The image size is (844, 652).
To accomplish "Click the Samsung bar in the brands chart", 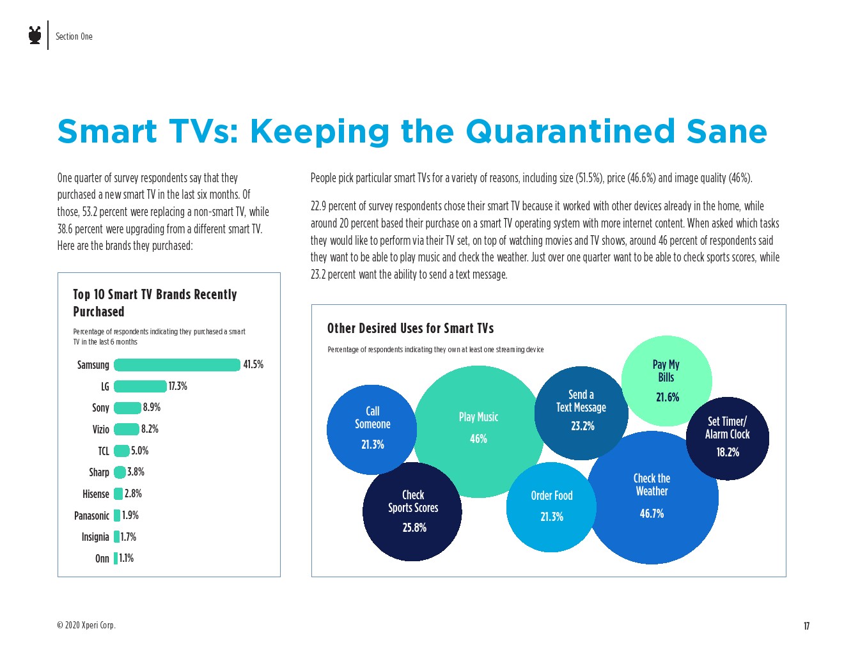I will point(177,365).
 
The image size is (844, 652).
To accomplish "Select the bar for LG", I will point(140,386).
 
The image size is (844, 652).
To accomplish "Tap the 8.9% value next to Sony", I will point(152,407).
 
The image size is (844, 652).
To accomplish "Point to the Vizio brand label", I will point(100,430).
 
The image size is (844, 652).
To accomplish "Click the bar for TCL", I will point(121,451).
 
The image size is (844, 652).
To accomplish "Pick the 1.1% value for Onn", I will point(127,558).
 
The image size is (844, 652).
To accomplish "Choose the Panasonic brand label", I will point(91,515).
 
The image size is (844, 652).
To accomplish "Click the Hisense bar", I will point(118,493).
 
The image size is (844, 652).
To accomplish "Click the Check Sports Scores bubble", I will point(412,511).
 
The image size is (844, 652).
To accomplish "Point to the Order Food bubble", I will point(551,506).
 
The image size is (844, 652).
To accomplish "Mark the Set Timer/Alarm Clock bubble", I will point(728,438).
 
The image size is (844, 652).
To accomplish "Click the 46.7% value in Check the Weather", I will point(652,513).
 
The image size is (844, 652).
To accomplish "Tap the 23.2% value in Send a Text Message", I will point(582,426).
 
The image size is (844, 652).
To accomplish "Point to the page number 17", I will point(806,626).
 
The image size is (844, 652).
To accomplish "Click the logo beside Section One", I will point(35,35).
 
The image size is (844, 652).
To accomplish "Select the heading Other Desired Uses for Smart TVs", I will point(410,328).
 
